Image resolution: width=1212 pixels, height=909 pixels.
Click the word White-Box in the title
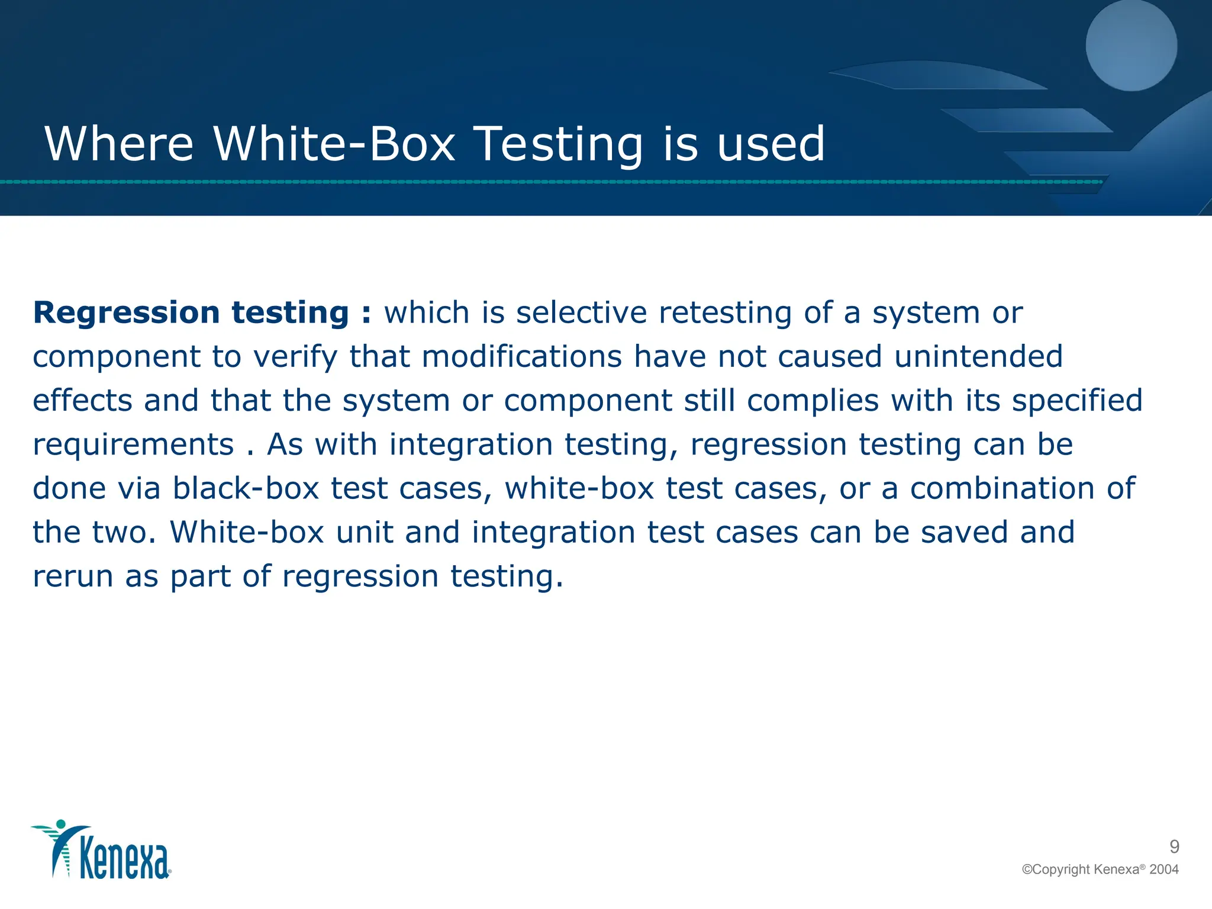(x=334, y=144)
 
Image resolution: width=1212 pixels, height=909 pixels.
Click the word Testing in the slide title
(x=559, y=144)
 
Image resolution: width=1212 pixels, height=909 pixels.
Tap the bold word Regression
(x=127, y=312)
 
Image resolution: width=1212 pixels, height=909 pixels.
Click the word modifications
(x=521, y=356)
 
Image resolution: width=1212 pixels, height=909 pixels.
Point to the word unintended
(x=978, y=356)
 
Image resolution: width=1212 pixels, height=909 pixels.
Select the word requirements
(x=133, y=444)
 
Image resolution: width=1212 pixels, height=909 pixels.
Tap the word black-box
(x=246, y=489)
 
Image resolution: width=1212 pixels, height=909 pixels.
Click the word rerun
(x=72, y=576)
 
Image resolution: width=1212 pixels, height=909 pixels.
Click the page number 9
(x=1174, y=847)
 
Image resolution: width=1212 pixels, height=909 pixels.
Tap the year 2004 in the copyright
(x=1163, y=869)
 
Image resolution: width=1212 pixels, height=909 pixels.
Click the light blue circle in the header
(x=1131, y=46)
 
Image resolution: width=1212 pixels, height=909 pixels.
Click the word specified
(x=1077, y=400)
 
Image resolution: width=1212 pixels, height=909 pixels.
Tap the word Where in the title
(x=119, y=144)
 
